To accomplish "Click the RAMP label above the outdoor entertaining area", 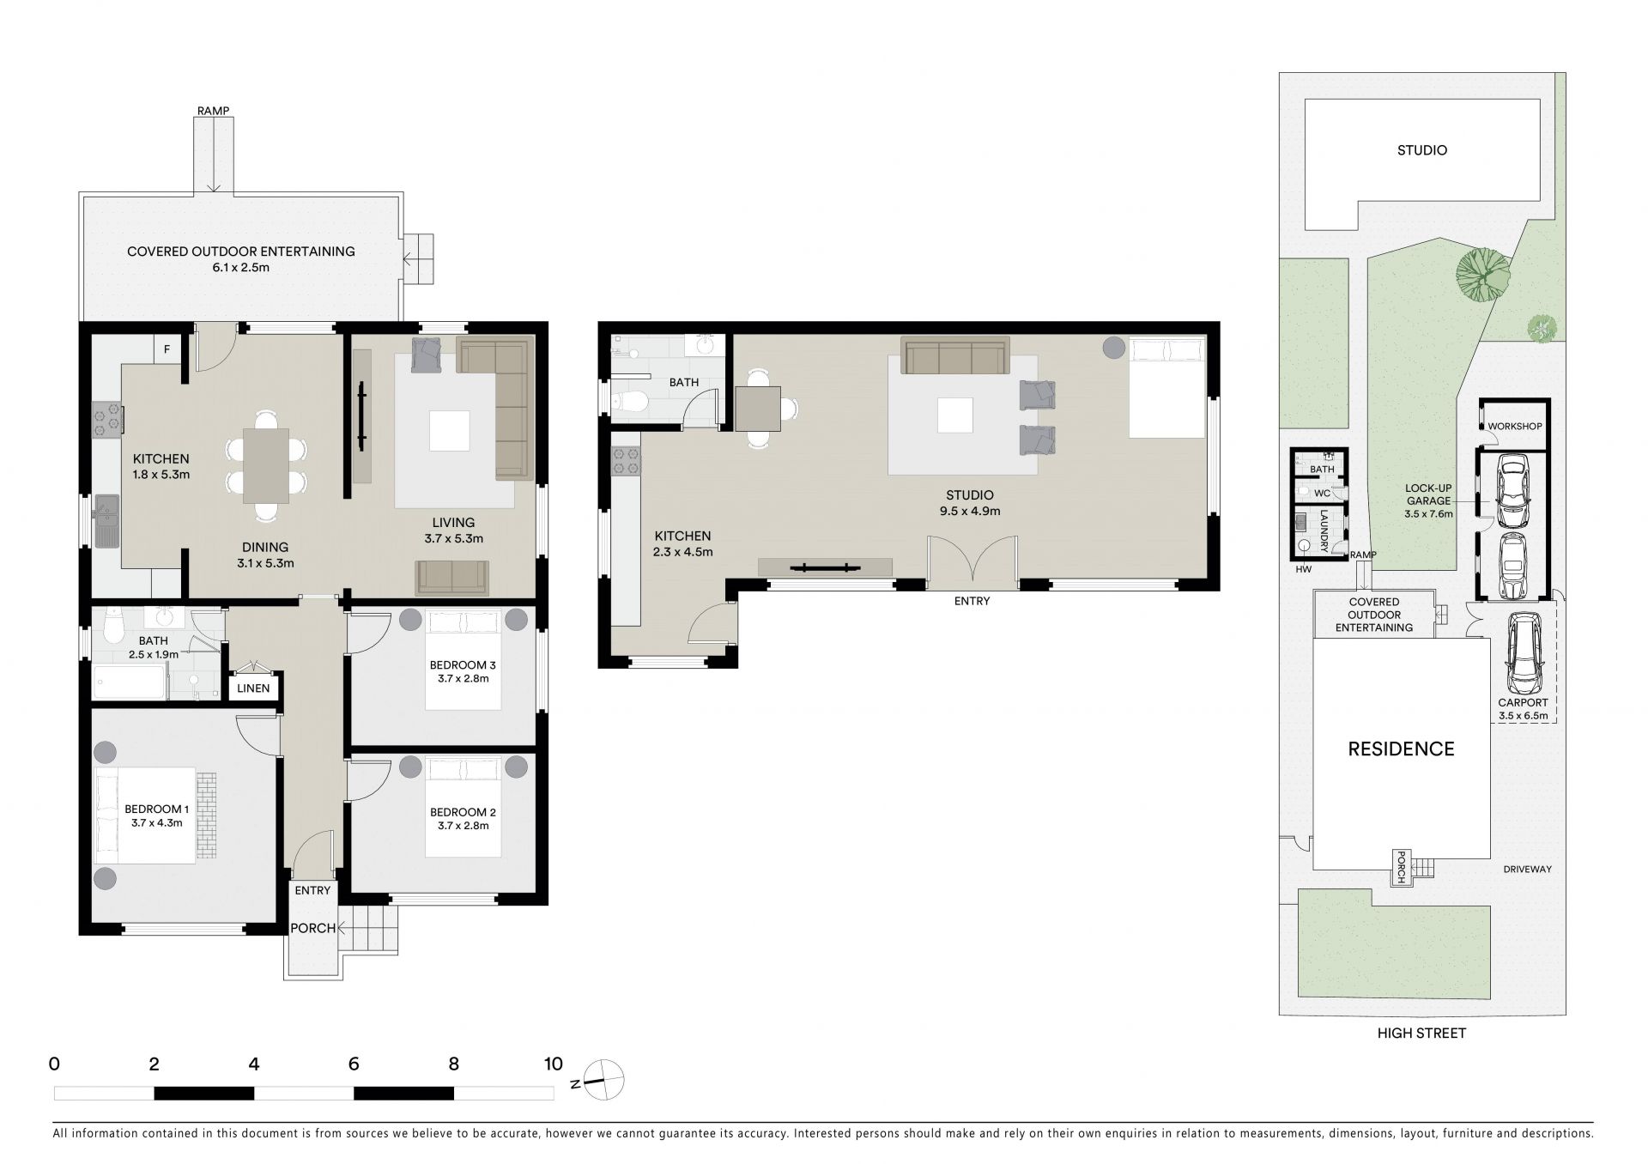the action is coord(213,111).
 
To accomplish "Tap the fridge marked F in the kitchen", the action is coord(167,349).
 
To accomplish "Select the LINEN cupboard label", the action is coord(253,688).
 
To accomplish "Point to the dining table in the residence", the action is coord(266,465).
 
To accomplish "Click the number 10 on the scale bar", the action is coord(554,1064).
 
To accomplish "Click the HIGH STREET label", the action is coord(1421,1034).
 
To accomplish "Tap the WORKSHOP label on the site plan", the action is coord(1515,426).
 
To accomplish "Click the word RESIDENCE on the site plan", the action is coord(1401,749).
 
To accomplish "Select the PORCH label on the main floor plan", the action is coord(312,928).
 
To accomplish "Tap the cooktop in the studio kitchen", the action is coord(626,464).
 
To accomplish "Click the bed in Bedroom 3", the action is coord(463,659).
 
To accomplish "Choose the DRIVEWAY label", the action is coord(1528,870).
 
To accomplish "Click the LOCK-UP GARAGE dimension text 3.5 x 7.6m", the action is coord(1428,514).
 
